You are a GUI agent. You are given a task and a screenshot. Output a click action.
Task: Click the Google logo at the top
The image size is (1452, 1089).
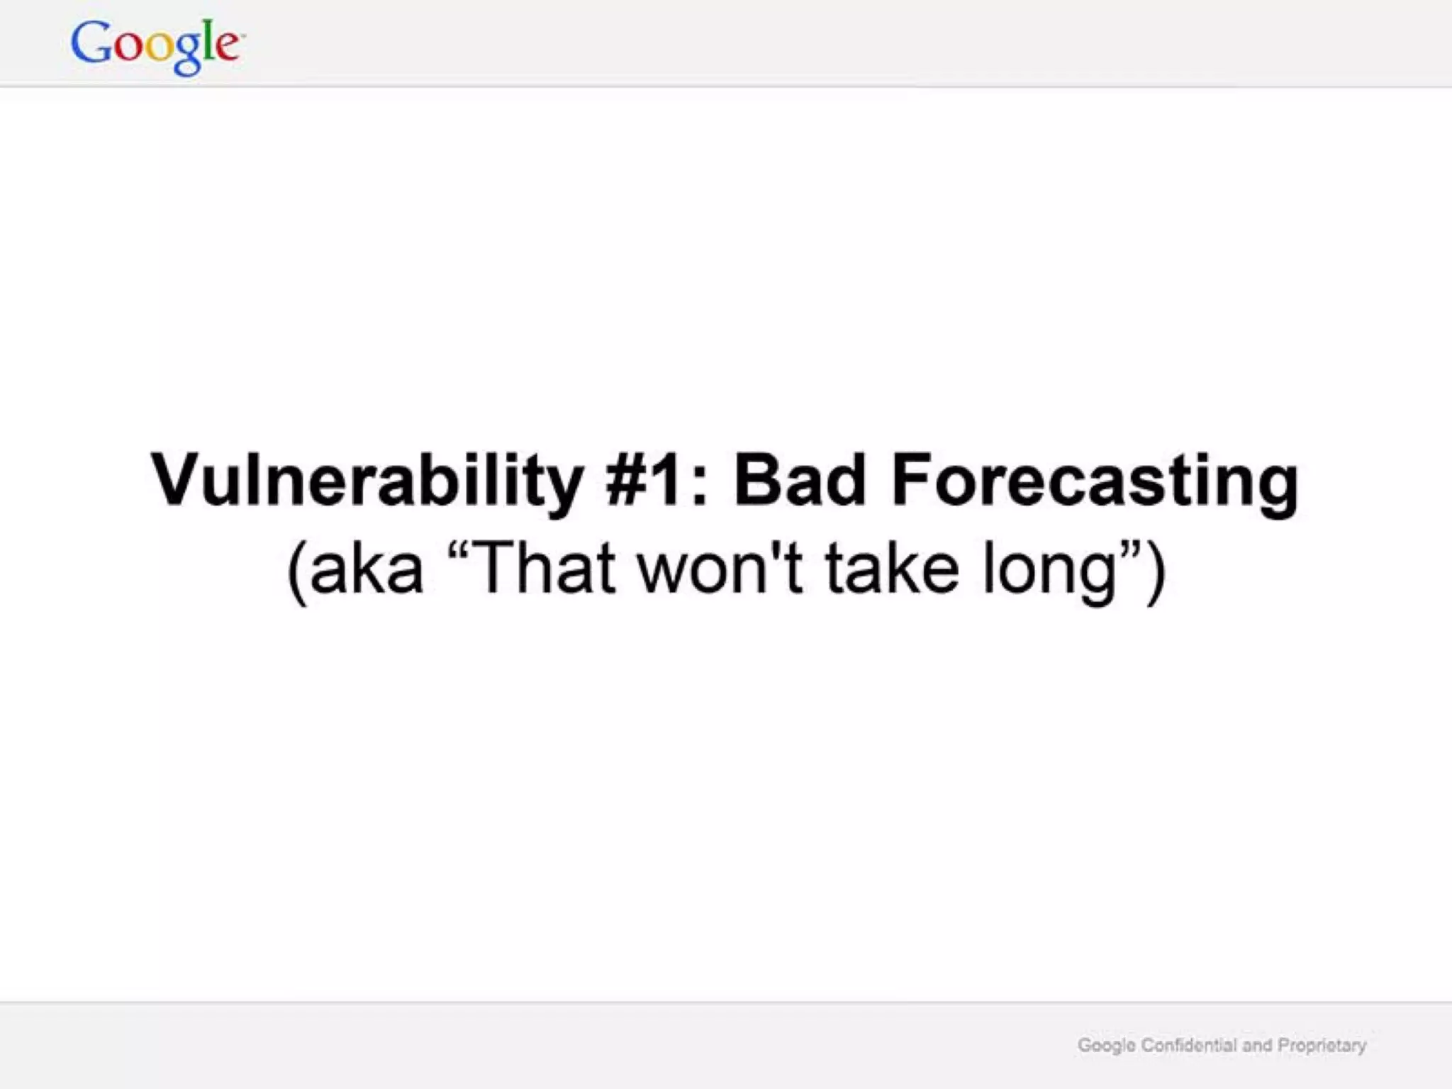[x=157, y=45]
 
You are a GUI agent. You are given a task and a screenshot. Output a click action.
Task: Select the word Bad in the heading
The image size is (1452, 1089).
[x=800, y=481]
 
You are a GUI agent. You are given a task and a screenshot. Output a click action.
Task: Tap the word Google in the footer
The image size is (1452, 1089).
[x=1107, y=1046]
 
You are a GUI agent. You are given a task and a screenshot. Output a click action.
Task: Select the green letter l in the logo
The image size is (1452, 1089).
[x=208, y=42]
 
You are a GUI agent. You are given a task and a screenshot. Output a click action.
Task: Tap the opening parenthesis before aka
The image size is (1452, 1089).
[x=297, y=571]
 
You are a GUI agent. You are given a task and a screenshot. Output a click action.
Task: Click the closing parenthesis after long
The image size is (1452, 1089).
[x=1155, y=571]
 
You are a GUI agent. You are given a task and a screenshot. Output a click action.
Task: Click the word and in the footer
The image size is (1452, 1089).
[x=1257, y=1045]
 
